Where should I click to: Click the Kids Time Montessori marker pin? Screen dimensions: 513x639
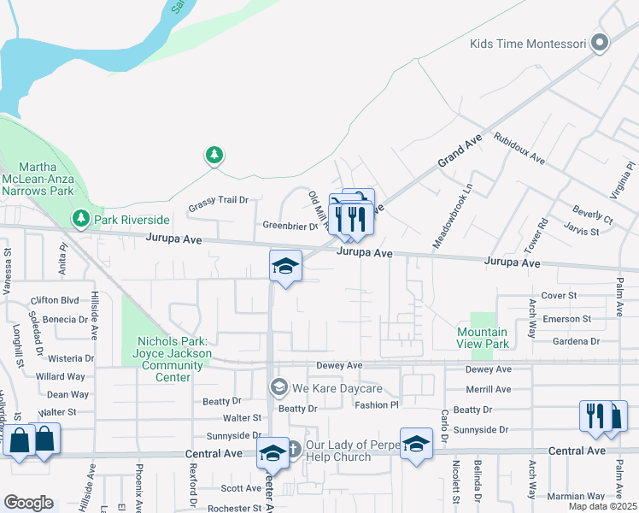(x=600, y=42)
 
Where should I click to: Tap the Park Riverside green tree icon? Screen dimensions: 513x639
(x=81, y=219)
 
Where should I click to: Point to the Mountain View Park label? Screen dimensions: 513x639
(x=482, y=338)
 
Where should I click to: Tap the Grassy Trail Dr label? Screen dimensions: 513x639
(x=218, y=200)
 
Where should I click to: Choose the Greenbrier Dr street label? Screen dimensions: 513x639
(x=290, y=227)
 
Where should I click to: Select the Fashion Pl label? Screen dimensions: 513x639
(x=377, y=405)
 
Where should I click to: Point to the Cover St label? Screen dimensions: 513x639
(x=560, y=295)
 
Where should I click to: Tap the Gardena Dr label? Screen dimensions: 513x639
(x=577, y=341)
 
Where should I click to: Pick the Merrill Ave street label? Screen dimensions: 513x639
(x=489, y=389)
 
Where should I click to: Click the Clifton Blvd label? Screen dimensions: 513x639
(x=55, y=300)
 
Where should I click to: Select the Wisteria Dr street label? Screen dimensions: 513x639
(x=72, y=358)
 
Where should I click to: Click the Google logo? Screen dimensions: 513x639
(x=28, y=502)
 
